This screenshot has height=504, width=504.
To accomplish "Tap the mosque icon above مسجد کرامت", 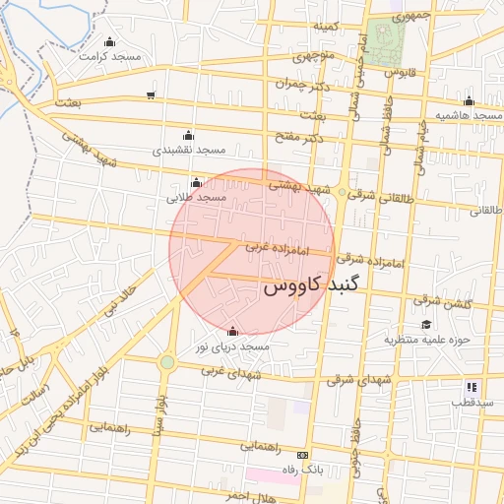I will coord(108,42).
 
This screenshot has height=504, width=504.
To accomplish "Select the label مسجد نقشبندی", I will coord(187,151).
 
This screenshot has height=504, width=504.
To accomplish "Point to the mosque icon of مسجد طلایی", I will coord(197,182).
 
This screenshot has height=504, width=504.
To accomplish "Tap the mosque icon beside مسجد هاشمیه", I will coord(469,100).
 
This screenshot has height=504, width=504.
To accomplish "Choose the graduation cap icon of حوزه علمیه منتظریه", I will coord(426,325).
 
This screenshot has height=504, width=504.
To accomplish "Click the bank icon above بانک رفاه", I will coord(301,455).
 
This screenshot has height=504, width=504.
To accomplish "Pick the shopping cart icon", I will coord(150,95).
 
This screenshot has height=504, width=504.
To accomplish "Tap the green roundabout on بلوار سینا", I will coord(167,362).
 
